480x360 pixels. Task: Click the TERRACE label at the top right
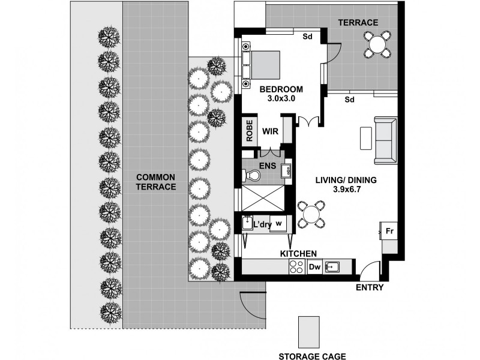(x=358, y=23)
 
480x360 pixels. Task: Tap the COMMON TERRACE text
(x=155, y=182)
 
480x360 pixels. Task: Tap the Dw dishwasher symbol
(x=314, y=268)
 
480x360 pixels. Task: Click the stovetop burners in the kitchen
(x=297, y=268)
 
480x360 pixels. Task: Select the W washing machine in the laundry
(x=278, y=224)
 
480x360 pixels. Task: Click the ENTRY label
(x=370, y=288)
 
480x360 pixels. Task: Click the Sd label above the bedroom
(x=307, y=37)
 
